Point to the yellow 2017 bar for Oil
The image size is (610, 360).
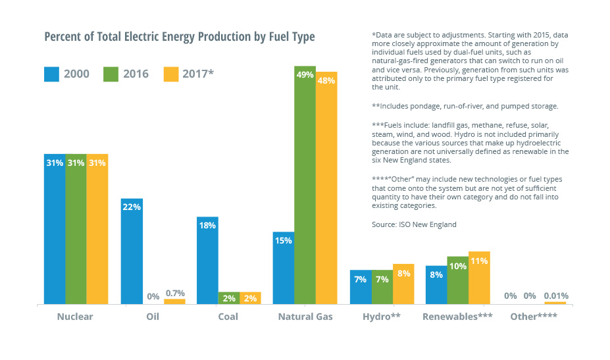point(174,301)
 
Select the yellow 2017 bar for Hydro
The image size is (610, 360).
point(403,284)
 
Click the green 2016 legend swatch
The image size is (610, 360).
point(110,74)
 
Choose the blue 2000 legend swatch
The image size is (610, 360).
point(51,74)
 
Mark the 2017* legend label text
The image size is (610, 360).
point(198,74)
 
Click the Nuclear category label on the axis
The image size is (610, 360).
point(75,317)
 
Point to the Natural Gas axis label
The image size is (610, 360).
point(305,317)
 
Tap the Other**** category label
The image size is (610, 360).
point(534,317)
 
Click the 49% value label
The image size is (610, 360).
point(305,75)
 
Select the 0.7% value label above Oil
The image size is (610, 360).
point(174,293)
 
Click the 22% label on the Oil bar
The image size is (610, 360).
point(132,207)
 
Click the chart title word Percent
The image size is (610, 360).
point(64,37)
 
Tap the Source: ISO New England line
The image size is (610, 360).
point(414,224)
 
